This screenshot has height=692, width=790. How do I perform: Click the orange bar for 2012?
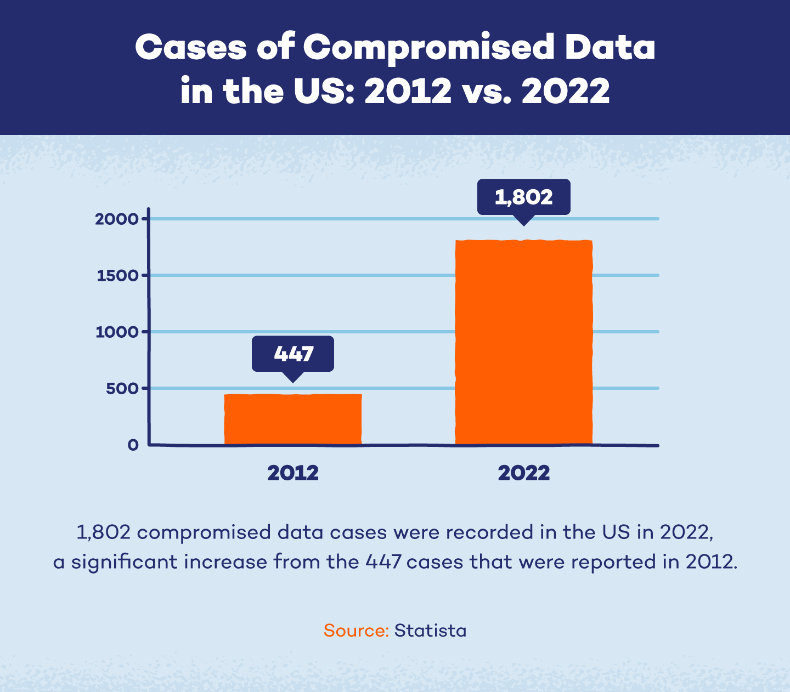click(293, 419)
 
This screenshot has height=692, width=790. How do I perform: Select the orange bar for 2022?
click(524, 342)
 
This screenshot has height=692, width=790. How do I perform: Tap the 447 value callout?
click(293, 354)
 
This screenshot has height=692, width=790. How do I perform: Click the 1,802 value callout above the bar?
click(523, 197)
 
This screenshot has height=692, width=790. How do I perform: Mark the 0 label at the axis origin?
click(133, 445)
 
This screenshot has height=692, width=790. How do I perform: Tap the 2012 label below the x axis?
click(293, 473)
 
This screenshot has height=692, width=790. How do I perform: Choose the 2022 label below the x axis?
click(524, 473)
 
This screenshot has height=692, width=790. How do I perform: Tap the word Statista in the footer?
click(431, 631)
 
